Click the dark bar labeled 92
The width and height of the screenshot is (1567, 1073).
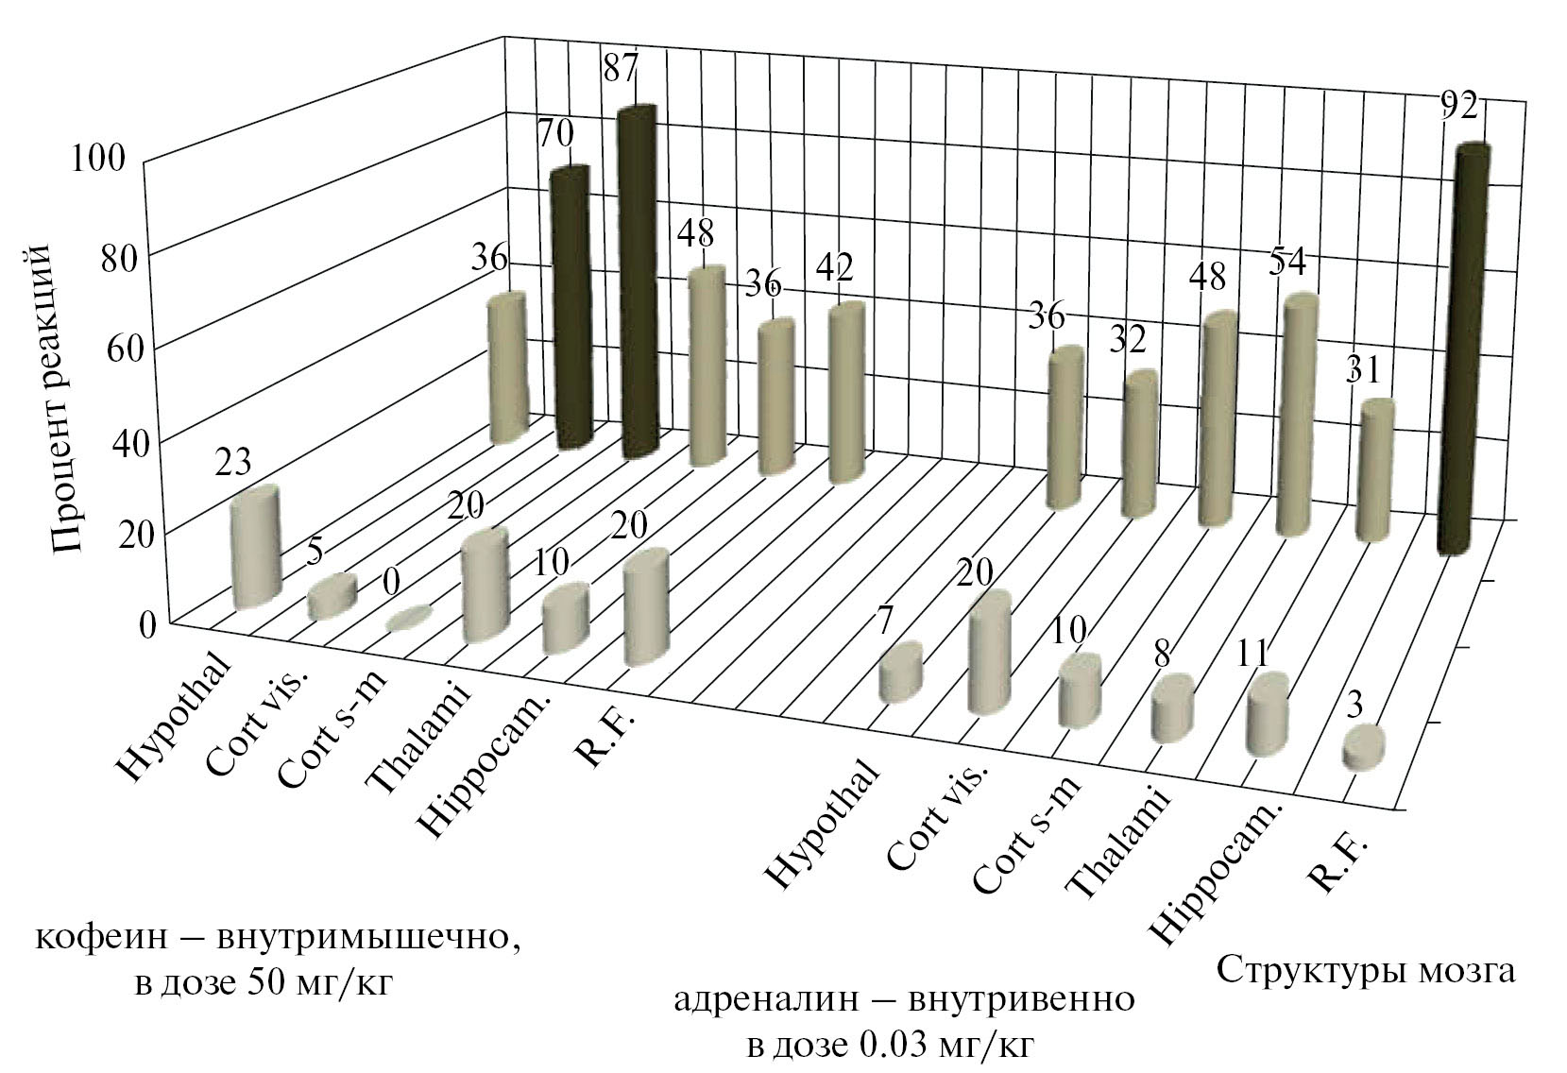[1461, 349]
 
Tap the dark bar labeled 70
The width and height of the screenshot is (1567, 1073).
[572, 307]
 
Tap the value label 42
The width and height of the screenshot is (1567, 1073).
[834, 268]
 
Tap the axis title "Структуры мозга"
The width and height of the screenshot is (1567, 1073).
[1366, 969]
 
